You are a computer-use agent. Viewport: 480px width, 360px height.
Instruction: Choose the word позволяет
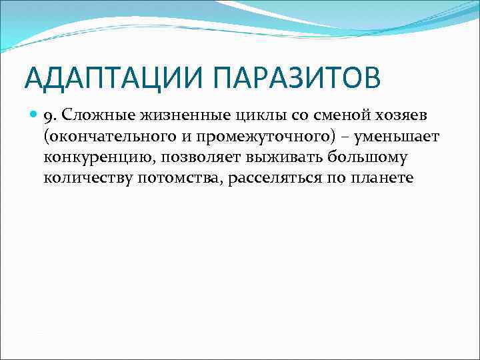tap(191, 159)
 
